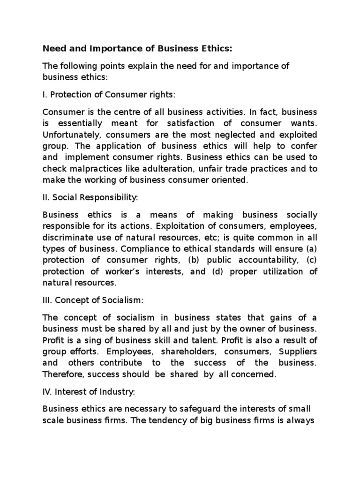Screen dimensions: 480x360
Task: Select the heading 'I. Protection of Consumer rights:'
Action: coord(109,95)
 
